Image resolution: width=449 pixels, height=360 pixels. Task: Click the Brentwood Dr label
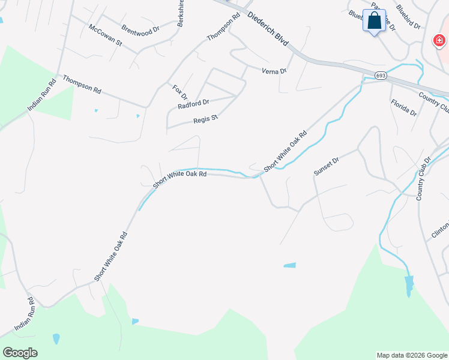tap(140, 28)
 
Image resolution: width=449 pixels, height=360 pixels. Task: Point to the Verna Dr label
tap(274, 71)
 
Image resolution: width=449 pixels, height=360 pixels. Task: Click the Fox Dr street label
tap(180, 92)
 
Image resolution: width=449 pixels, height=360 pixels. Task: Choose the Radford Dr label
tap(193, 104)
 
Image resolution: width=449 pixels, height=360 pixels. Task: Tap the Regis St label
tap(205, 119)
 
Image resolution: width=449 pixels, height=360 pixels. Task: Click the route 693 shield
tap(381, 76)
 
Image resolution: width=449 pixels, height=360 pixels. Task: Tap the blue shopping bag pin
tap(374, 21)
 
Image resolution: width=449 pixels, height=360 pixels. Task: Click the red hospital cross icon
tap(439, 41)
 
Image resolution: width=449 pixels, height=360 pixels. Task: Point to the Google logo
tap(20, 352)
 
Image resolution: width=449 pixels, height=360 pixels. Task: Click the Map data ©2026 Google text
tap(412, 355)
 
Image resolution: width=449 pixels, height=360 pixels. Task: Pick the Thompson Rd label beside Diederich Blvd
tap(223, 27)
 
